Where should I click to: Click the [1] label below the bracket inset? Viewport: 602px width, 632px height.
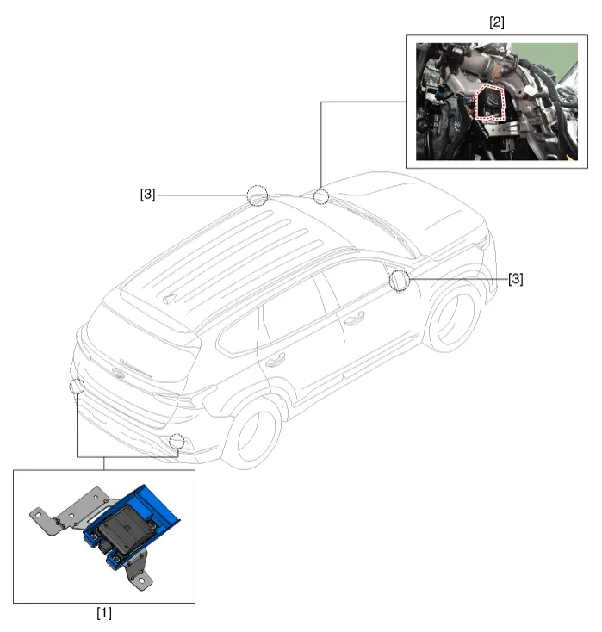[104, 613]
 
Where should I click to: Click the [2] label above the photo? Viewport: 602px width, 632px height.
[497, 22]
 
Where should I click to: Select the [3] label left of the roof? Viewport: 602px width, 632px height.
[147, 195]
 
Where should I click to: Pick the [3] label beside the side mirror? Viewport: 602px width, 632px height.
[516, 279]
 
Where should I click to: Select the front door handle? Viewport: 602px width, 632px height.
[355, 318]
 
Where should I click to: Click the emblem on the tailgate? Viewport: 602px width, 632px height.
[118, 374]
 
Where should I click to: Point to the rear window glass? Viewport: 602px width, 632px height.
[141, 347]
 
